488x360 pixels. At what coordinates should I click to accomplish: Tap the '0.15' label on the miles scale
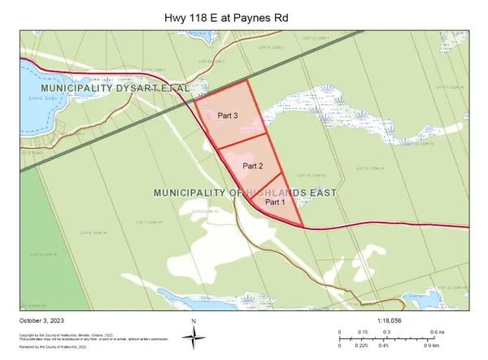click(364, 332)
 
